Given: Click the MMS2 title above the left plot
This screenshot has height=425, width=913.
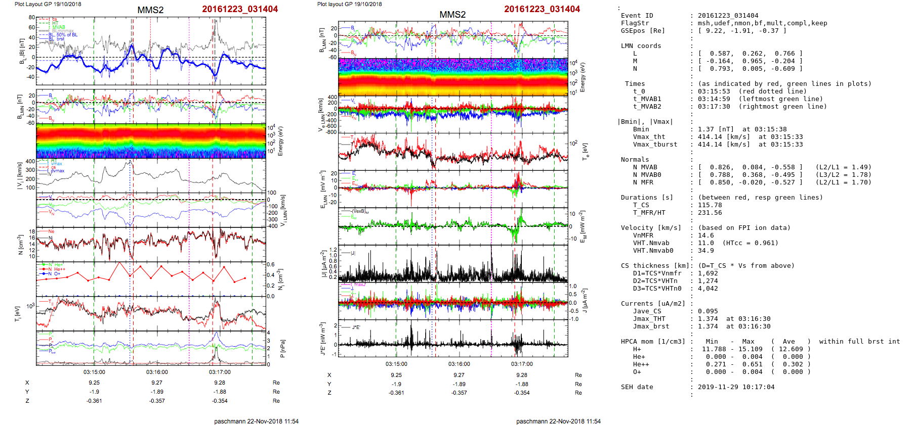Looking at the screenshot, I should (x=150, y=10).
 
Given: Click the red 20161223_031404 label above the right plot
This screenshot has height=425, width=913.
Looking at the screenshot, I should (x=542, y=9).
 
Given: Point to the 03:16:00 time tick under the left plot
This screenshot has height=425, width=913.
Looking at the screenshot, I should (x=157, y=372).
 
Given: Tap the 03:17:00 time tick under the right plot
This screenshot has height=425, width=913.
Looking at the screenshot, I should (x=522, y=364).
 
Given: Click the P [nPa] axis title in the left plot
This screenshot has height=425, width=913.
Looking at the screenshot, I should (x=282, y=349).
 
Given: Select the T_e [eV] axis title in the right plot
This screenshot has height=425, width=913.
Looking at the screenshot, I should (x=586, y=151).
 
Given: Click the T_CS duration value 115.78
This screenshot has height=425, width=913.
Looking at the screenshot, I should (x=710, y=205).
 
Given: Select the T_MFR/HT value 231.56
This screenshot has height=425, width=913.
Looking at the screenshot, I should (x=710, y=213).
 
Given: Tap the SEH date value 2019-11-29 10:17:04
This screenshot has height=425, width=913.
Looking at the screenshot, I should (x=736, y=387).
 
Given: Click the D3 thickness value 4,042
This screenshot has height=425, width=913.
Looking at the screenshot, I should (x=708, y=289).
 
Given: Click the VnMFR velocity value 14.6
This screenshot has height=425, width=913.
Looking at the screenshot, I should (x=705, y=235).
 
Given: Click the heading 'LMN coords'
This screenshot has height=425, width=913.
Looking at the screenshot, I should (x=641, y=46).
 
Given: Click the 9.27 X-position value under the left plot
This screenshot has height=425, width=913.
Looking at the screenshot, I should (x=157, y=383).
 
